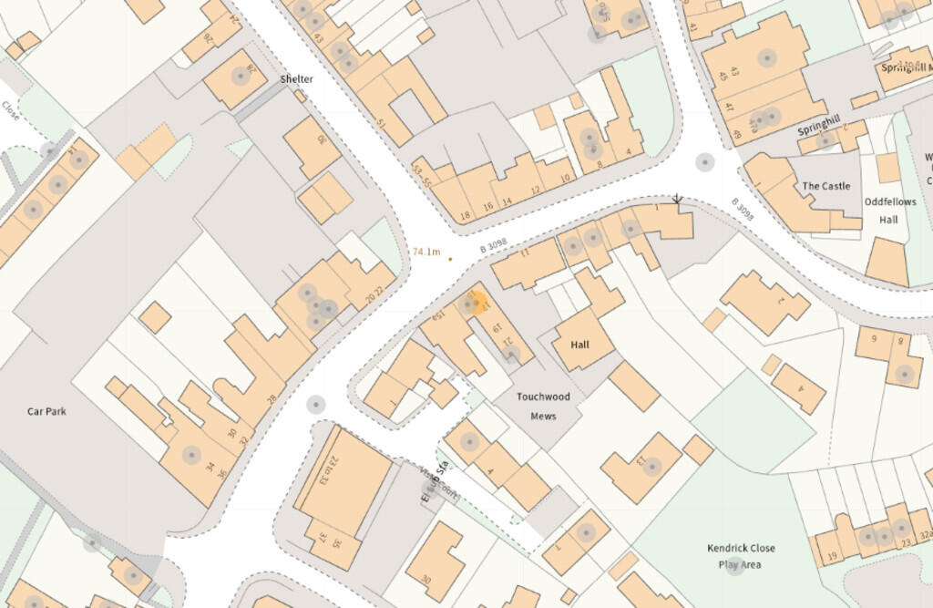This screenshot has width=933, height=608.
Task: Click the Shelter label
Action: click(296, 79)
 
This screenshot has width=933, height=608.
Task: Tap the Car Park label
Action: click(46, 411)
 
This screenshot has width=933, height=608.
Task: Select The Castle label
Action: click(825, 186)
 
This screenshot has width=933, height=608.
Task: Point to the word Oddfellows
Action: click(890, 202)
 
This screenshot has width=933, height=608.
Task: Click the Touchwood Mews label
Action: click(542, 407)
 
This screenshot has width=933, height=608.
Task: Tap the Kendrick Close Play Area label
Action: click(741, 556)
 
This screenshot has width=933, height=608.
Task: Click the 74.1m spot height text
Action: click(426, 252)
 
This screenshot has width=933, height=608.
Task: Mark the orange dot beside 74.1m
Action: click(450, 259)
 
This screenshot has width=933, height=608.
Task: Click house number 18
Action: click(466, 215)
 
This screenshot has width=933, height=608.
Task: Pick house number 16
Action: click(488, 207)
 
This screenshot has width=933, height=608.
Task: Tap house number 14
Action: click(508, 201)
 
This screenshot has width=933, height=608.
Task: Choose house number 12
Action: click(536, 190)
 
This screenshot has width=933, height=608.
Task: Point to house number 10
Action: click(565, 178)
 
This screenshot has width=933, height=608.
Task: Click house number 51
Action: click(382, 123)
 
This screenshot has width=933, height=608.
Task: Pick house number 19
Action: click(832, 557)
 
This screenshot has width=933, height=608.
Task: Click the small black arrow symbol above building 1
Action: click(676, 198)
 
